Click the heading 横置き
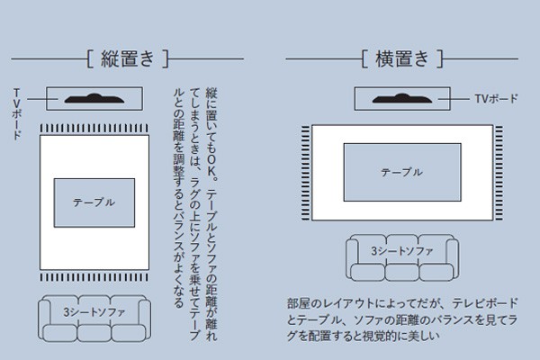pos(402,59)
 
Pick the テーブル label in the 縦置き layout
pos(94,202)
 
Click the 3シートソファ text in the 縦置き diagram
pos(94,312)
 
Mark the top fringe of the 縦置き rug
pos(94,127)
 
